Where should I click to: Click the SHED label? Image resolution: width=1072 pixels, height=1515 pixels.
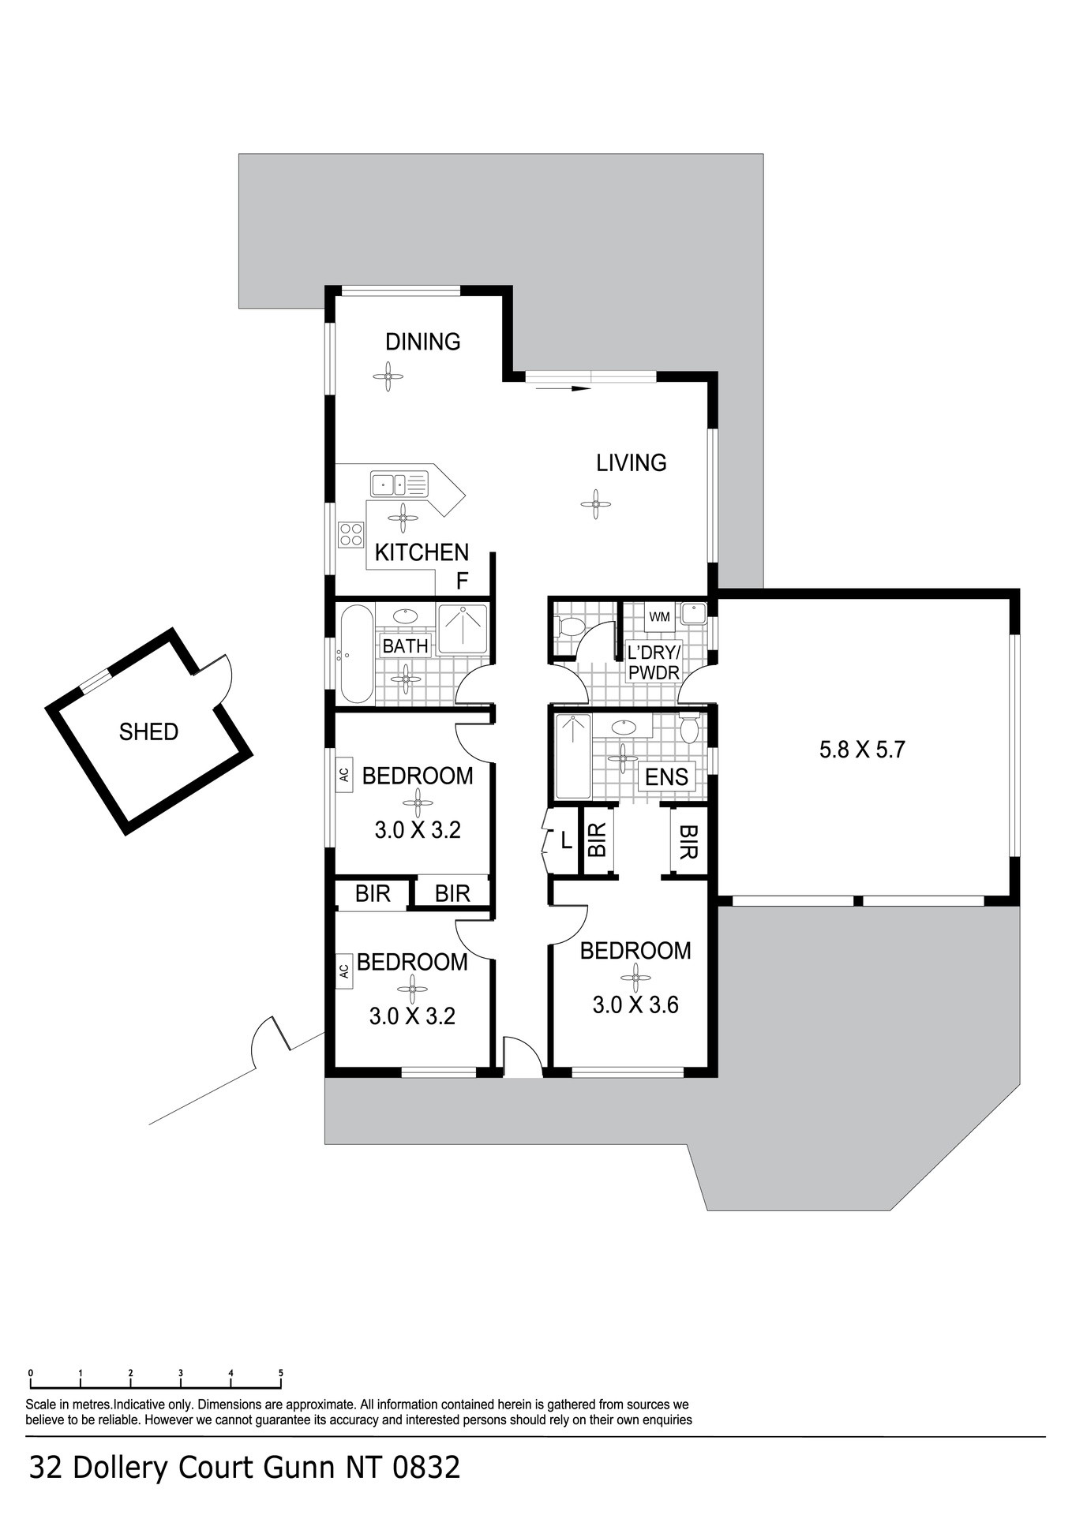click(148, 731)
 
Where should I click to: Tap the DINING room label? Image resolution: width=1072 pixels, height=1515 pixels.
click(422, 342)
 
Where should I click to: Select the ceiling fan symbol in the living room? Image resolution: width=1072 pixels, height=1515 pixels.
click(595, 503)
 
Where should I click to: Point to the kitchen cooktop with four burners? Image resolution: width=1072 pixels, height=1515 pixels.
click(351, 534)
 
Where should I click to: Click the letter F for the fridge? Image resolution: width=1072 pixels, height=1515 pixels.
click(463, 582)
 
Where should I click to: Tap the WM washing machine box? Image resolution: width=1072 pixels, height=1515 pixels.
click(660, 616)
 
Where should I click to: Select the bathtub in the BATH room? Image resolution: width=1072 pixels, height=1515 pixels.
click(357, 653)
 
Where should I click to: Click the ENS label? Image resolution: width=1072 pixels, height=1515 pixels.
click(667, 777)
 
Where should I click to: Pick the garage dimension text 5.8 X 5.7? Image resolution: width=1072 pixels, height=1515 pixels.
click(862, 749)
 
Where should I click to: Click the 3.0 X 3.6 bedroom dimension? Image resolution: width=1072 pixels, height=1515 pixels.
click(635, 1004)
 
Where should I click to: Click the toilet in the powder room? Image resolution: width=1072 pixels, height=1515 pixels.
click(570, 627)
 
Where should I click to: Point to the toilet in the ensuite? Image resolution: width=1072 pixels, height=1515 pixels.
click(689, 728)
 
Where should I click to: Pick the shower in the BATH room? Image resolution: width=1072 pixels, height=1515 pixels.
click(463, 628)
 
